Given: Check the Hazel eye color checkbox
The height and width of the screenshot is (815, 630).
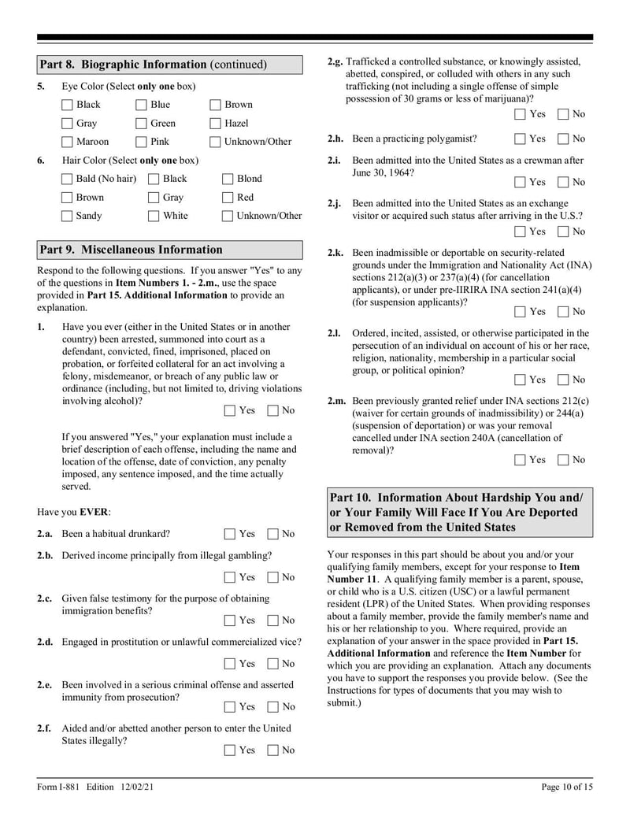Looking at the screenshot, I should [x=215, y=123].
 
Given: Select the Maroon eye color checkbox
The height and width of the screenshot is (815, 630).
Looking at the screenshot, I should [x=68, y=142].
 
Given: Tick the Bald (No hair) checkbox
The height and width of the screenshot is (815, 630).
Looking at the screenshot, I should [x=68, y=179].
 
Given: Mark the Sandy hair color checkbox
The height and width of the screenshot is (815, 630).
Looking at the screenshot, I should [x=68, y=216].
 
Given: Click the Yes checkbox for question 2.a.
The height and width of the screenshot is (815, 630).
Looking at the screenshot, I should [x=229, y=534].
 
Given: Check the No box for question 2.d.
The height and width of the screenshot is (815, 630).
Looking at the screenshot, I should [x=273, y=664].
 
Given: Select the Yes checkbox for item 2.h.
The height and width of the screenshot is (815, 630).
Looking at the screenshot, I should [x=520, y=139].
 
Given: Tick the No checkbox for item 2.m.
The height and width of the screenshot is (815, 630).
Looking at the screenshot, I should [x=563, y=460].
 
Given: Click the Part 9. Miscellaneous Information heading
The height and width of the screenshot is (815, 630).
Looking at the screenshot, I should [x=132, y=250].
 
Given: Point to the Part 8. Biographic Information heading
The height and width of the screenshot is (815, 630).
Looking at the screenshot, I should [x=154, y=65].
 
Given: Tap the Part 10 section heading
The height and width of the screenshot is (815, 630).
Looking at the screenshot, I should [x=458, y=512].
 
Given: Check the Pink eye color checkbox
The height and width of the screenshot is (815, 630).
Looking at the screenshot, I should [x=142, y=142].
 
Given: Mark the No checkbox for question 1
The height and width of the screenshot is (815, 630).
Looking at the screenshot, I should [x=273, y=410].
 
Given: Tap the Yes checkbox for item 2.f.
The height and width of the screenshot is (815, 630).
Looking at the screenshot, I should [x=229, y=750].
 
